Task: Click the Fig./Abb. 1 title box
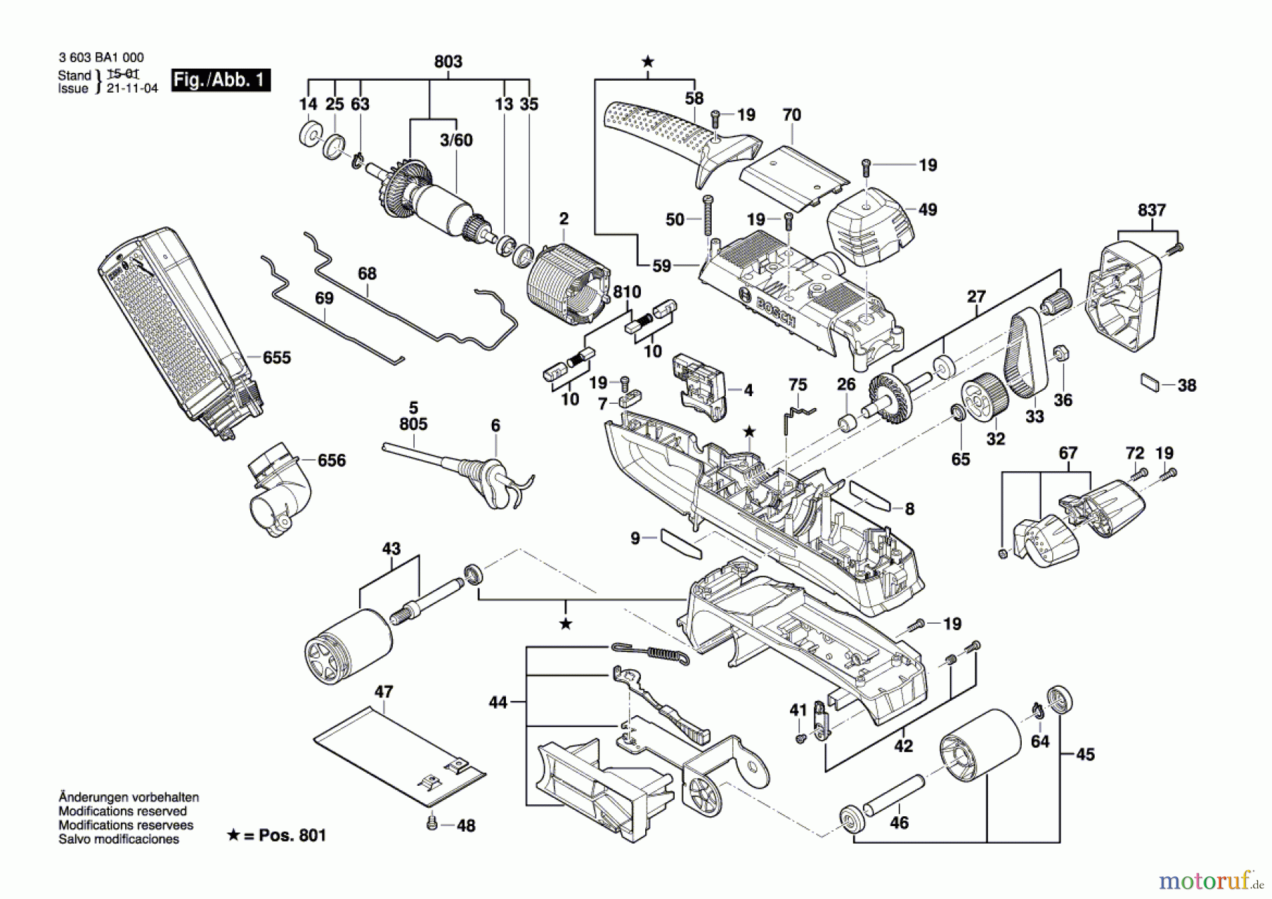(221, 80)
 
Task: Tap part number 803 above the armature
(448, 62)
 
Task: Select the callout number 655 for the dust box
(276, 358)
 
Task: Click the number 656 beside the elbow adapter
(331, 460)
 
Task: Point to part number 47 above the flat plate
(384, 692)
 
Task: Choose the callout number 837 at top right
(1152, 210)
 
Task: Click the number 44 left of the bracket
(498, 702)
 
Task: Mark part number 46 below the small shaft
(899, 823)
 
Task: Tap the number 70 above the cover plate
(791, 115)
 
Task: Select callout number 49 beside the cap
(927, 209)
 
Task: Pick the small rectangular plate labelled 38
(1150, 382)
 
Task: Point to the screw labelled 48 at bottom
(431, 823)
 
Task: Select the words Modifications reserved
(122, 811)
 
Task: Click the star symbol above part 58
(647, 62)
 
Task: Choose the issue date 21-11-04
(132, 88)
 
